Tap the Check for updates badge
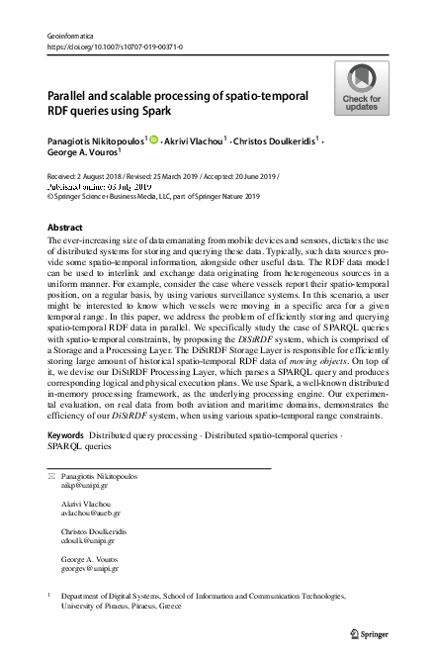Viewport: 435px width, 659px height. coord(361,88)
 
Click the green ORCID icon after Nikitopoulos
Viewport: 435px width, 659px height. coord(153,140)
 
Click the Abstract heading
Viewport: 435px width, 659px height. coord(65,227)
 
